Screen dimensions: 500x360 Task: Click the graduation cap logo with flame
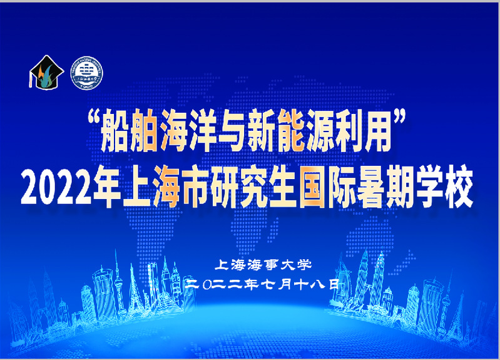[x=46, y=73]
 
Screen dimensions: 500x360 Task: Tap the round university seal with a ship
[x=86, y=73]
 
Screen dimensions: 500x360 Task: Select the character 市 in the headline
[x=195, y=187]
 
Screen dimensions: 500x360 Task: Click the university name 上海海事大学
[x=263, y=265]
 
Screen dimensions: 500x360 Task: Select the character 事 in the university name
[x=271, y=265]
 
